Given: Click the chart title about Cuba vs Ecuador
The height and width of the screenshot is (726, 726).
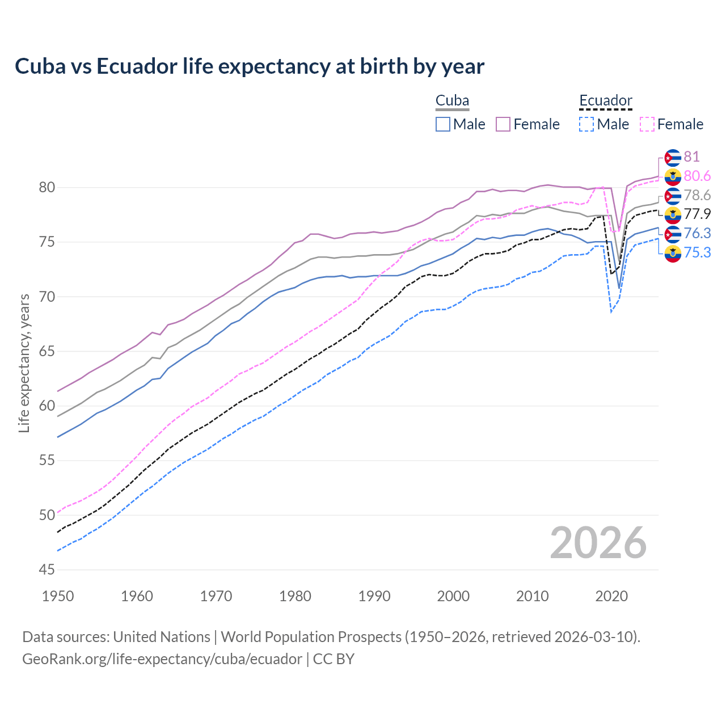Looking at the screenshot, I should click(x=250, y=66).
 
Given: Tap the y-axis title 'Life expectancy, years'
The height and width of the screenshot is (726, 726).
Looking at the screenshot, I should click(x=24, y=363).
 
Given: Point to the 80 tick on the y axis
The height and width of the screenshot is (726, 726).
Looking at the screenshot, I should click(x=47, y=188).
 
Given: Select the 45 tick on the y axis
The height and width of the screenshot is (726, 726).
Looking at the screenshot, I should click(x=47, y=569).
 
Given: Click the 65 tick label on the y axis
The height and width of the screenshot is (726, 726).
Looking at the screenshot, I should click(x=47, y=351).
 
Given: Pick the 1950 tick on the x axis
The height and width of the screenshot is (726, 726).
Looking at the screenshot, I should click(x=58, y=596).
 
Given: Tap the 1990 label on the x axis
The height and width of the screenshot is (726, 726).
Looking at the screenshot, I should click(x=374, y=596).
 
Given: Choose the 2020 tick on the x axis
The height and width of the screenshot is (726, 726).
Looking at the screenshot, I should click(x=611, y=596).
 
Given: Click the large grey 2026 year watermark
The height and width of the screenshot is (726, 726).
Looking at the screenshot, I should click(x=598, y=543).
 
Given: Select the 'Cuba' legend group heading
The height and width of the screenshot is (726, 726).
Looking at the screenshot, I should click(x=452, y=101).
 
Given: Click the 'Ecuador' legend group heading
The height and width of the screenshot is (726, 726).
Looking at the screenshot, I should click(x=605, y=101).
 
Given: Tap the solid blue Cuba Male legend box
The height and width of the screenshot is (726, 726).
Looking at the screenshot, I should click(x=443, y=124).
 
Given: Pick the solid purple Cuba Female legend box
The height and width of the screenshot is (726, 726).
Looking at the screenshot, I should click(x=503, y=124).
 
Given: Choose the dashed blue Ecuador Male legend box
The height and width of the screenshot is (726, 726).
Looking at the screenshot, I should click(x=586, y=124).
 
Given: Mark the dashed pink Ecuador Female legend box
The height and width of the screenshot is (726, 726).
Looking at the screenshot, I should click(x=647, y=124).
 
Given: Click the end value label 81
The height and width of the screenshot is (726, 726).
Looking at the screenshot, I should click(x=691, y=157).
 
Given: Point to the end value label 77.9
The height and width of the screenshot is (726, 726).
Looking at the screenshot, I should click(x=697, y=214).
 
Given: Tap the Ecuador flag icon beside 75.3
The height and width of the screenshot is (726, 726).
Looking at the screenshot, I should click(x=673, y=253).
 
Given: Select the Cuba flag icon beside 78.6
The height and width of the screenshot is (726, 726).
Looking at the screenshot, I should click(x=673, y=196).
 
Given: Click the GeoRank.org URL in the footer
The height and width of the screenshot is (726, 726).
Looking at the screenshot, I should click(x=162, y=659).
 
